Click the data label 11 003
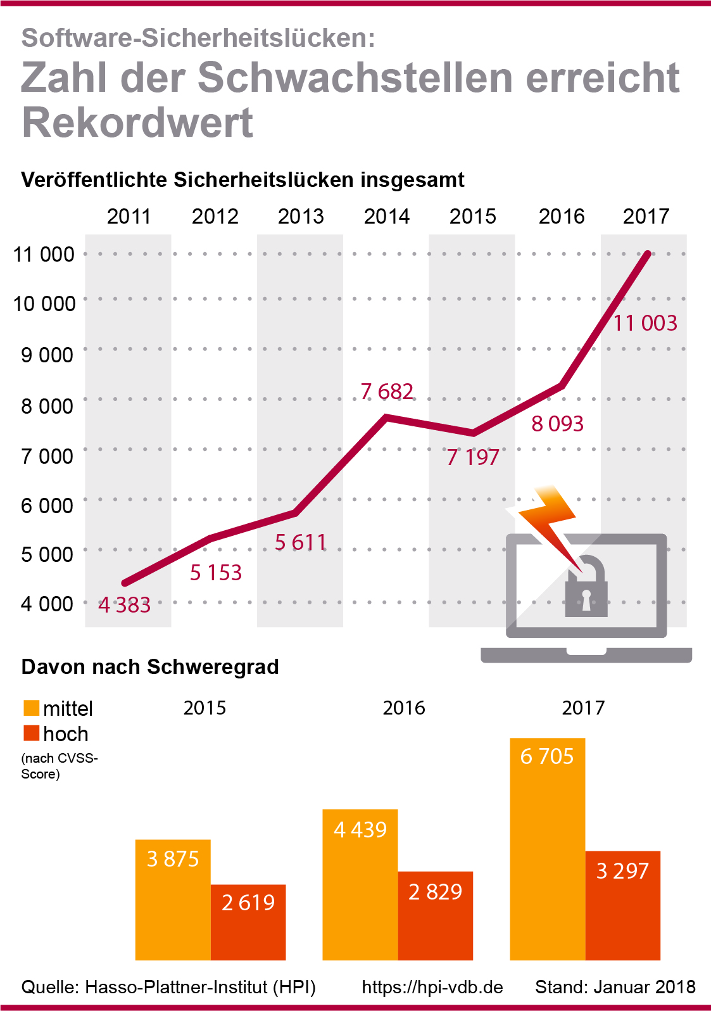click(x=645, y=323)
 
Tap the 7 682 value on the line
click(x=387, y=391)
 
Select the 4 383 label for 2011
click(x=125, y=605)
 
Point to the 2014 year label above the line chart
click(x=387, y=217)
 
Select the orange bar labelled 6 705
click(x=547, y=849)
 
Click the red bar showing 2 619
click(x=248, y=922)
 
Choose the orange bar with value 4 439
click(x=360, y=884)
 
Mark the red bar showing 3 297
click(x=622, y=906)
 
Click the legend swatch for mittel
click(x=31, y=708)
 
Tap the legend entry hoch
click(x=65, y=734)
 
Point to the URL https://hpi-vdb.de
click(x=432, y=987)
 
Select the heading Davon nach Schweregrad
click(x=150, y=667)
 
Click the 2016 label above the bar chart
click(x=404, y=708)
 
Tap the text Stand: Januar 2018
click(x=615, y=987)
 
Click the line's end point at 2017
click(x=647, y=254)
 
